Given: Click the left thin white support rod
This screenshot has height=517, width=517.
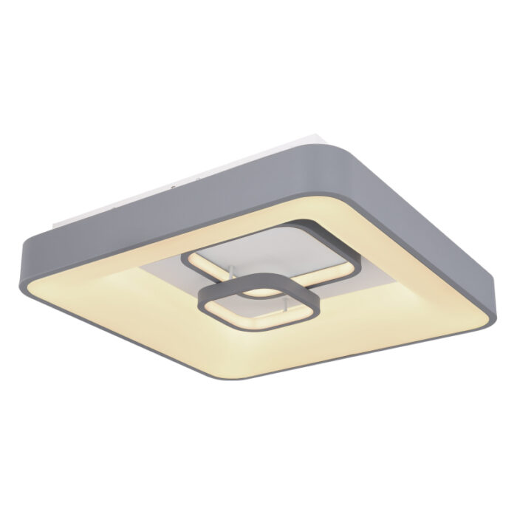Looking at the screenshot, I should pyautogui.click(x=230, y=275).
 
